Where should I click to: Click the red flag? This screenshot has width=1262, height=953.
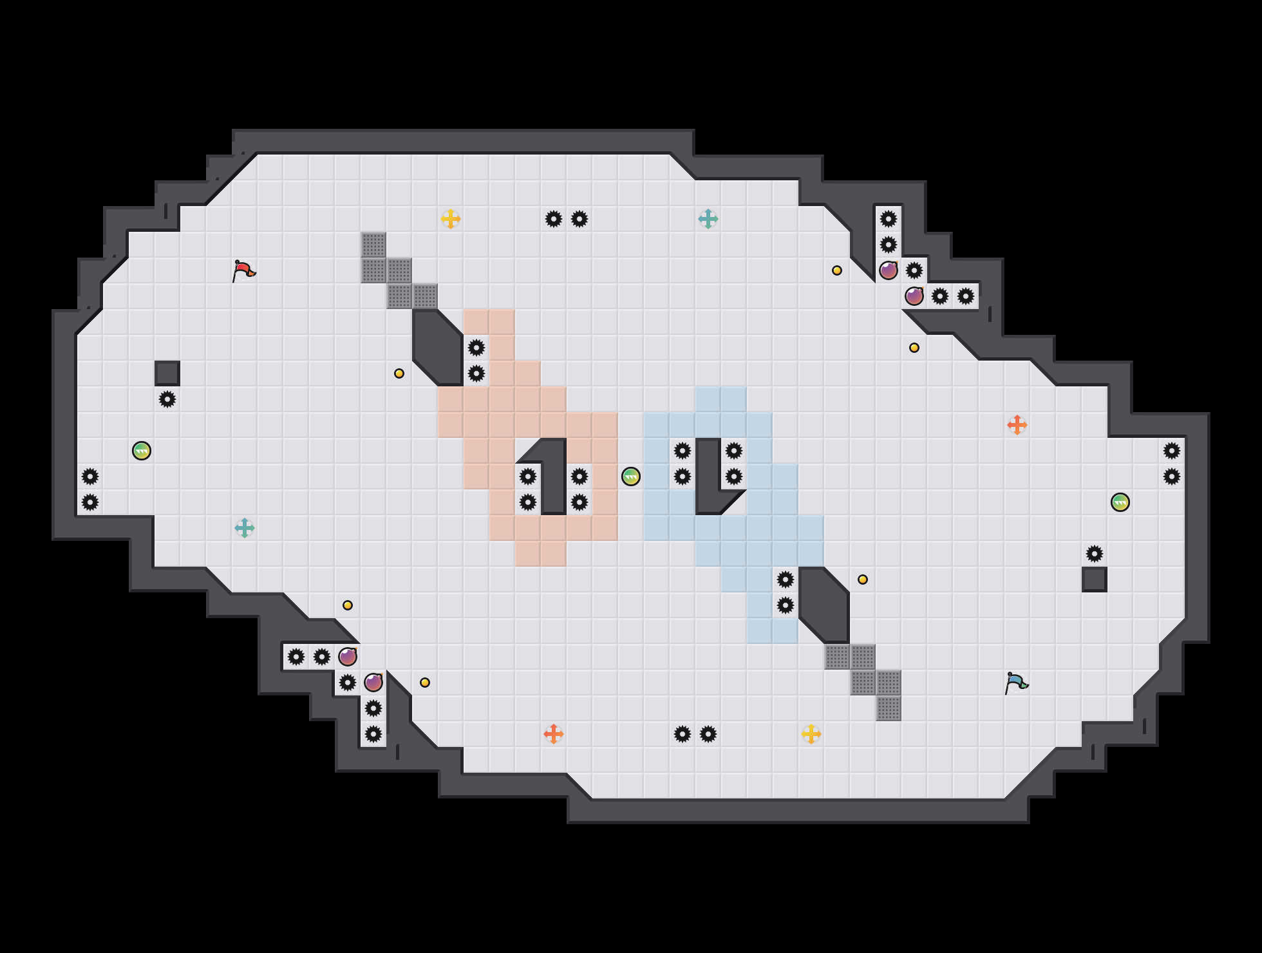[x=243, y=270]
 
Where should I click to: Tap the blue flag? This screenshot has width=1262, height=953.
[x=1016, y=683]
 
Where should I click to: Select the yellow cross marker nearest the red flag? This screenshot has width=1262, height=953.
[x=451, y=219]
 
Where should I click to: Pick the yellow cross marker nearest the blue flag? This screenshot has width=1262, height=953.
[x=811, y=734]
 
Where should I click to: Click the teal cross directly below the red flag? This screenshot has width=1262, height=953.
[x=245, y=528]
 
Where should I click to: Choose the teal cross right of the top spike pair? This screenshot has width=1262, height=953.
[x=708, y=219]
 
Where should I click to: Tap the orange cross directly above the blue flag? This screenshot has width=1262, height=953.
[x=1017, y=425]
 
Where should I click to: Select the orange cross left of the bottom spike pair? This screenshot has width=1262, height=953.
[x=554, y=734]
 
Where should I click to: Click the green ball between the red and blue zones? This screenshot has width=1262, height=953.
[x=631, y=476]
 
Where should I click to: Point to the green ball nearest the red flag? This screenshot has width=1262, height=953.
[x=142, y=451]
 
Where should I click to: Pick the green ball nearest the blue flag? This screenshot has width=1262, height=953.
[x=1120, y=502]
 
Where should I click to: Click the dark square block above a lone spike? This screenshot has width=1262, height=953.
[x=167, y=373]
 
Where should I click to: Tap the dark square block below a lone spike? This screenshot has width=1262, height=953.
[x=1095, y=580]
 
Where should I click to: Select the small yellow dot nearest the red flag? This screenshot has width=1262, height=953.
[x=399, y=373]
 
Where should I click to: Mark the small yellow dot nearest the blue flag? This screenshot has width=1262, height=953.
[x=863, y=580]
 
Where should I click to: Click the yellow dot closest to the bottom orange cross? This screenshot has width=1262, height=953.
[x=425, y=683]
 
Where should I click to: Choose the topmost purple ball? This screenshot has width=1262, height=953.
[x=889, y=270]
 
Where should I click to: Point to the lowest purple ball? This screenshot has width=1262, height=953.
[x=373, y=683]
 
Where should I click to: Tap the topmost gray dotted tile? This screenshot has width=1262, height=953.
[x=373, y=245]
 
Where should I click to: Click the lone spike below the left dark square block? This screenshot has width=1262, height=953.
[x=167, y=399]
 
